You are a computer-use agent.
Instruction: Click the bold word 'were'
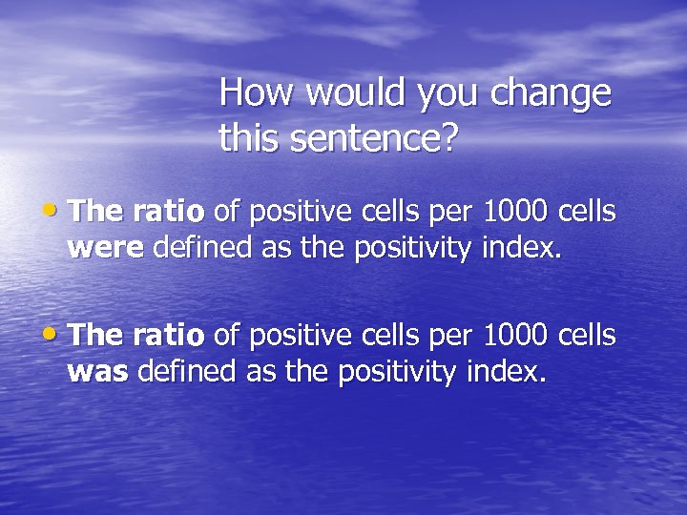pos(105,249)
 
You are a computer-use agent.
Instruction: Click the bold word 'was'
pos(98,372)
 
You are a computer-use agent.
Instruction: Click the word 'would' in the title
pos(351,93)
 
